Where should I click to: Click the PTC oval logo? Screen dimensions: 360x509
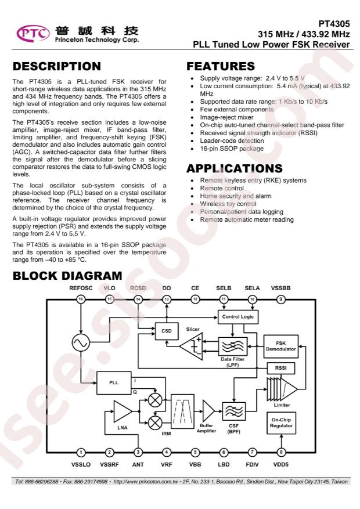(x=33, y=34)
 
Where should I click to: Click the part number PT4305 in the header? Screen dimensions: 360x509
(x=334, y=24)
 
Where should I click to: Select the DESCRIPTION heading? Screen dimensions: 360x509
(x=57, y=66)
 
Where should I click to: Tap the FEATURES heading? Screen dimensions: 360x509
(x=221, y=66)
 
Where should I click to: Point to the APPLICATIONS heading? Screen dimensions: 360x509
(x=235, y=168)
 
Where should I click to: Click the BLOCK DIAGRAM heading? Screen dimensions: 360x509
(x=67, y=276)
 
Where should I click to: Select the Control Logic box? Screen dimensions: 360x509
(x=238, y=316)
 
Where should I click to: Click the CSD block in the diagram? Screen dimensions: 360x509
(x=167, y=331)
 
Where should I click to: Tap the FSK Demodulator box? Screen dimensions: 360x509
(x=281, y=346)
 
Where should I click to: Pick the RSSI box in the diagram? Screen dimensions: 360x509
(x=281, y=368)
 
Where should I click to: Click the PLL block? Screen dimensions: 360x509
(x=114, y=382)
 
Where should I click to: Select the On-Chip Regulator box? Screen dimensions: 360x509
(x=281, y=423)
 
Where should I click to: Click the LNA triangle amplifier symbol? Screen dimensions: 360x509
(x=123, y=411)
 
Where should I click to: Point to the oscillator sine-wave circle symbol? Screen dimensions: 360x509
(x=81, y=342)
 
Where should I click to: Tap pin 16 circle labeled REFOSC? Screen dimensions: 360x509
(x=81, y=299)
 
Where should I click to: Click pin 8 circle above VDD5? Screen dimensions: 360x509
(x=281, y=452)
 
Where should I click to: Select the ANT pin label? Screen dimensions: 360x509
(x=138, y=464)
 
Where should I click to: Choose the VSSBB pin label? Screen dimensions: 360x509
(x=281, y=288)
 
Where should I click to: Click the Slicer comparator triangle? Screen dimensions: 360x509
(x=191, y=346)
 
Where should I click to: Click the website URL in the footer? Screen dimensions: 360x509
(x=145, y=481)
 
